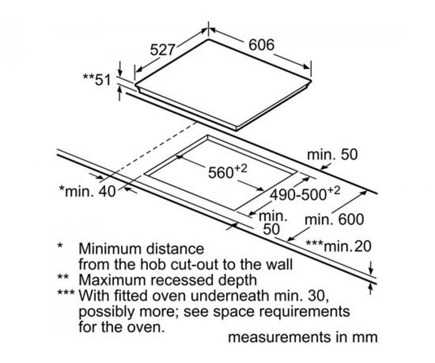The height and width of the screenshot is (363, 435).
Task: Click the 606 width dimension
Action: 261,45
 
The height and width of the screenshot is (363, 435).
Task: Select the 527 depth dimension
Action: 162,50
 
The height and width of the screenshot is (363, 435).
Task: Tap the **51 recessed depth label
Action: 97,80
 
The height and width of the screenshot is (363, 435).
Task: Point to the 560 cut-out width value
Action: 221,172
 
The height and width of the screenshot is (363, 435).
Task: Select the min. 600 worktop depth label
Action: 334,220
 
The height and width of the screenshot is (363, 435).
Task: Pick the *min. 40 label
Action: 87,191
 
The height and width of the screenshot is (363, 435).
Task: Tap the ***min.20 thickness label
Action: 338,246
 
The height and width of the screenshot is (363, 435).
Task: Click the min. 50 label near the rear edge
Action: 332,155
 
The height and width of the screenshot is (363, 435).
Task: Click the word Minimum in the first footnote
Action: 111,249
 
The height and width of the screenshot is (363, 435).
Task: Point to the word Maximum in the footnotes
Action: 112,280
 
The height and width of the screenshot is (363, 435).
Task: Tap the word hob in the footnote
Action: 153,264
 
